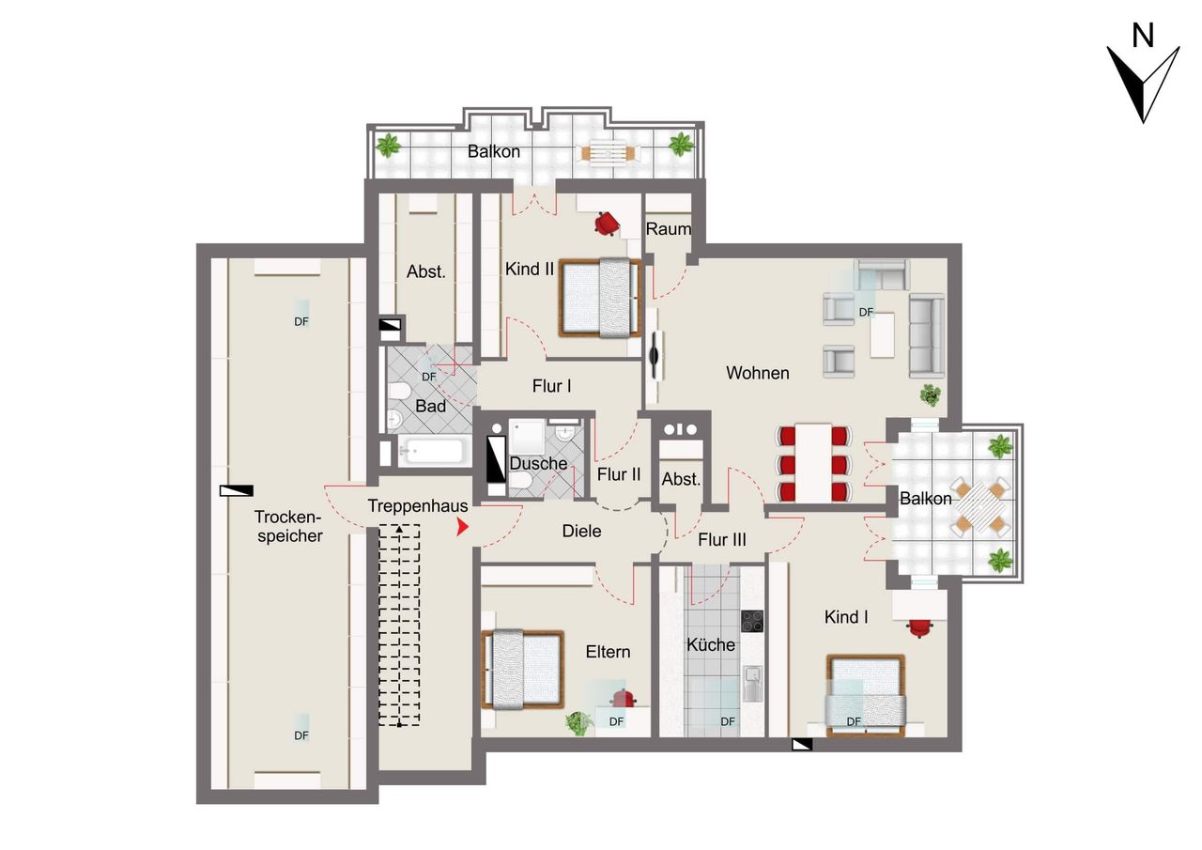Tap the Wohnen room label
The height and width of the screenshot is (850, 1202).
coord(757,373)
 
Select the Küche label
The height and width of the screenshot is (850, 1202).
coord(711,644)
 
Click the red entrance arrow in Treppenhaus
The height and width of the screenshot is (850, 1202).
coord(462,527)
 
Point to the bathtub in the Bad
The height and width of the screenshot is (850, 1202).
coord(433,451)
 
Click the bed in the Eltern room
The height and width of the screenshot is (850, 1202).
coord(523,669)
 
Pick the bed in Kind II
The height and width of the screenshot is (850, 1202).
coord(600,299)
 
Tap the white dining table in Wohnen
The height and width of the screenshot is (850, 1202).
coord(813,462)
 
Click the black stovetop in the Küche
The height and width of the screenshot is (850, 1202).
coord(752,621)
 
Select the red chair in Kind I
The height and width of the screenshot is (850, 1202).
coord(920,627)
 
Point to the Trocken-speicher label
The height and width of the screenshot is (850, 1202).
coord(289,526)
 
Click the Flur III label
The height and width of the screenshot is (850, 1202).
coord(722,539)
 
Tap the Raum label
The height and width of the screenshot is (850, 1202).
coord(668,229)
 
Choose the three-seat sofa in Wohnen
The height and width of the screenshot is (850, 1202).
coord(927,336)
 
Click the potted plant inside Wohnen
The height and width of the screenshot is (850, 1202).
coord(930,394)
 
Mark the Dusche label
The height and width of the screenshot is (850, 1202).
coord(538,463)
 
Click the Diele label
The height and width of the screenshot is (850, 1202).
coord(581,532)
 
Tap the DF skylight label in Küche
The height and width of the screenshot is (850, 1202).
coord(728,721)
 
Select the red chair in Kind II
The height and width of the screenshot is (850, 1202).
coord(607,224)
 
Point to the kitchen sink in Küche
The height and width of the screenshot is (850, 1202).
coord(753,683)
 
